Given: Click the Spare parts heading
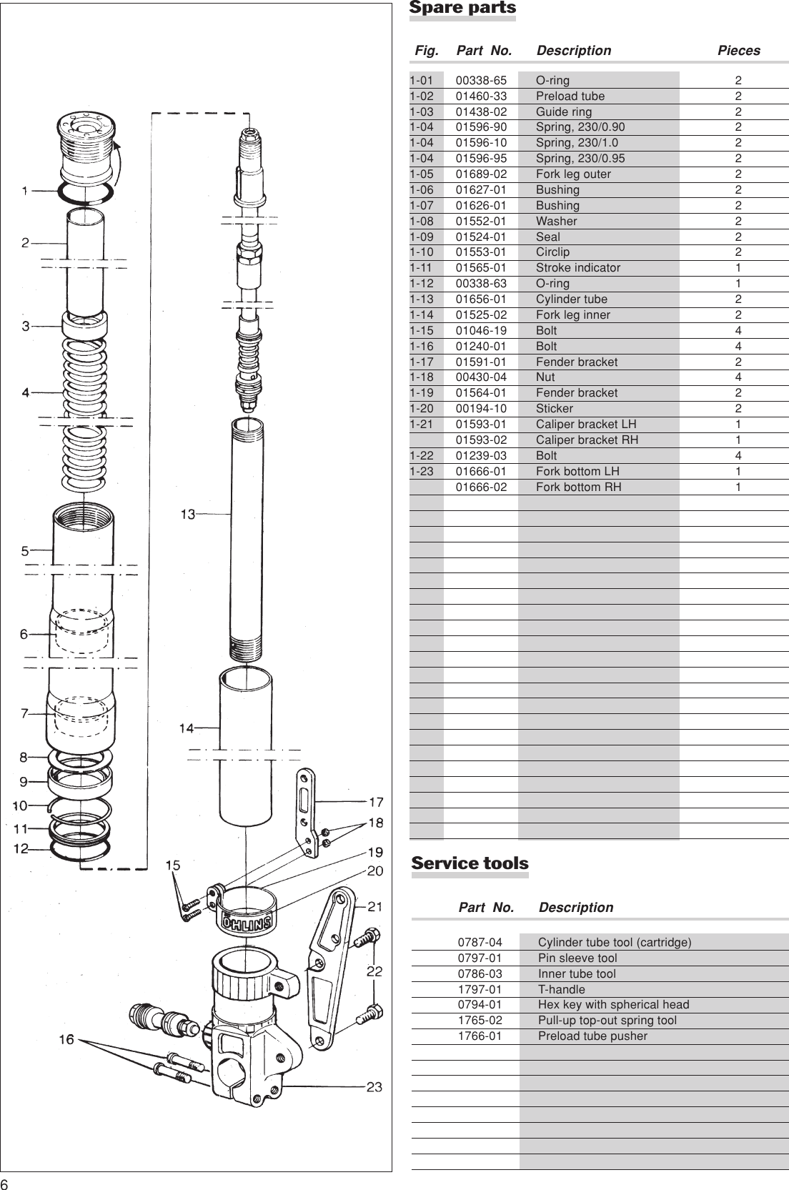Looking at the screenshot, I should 462,9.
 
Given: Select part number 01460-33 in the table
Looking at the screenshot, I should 481,96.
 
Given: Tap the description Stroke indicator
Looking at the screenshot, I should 577,268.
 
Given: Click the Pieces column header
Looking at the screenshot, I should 738,51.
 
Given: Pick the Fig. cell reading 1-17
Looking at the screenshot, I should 422,362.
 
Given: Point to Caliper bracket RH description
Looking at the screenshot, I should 587,440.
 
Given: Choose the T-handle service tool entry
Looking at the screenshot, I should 561,990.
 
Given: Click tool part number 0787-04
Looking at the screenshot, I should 480,943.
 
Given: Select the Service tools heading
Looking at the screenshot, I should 470,863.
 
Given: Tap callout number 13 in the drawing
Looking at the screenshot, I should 187,514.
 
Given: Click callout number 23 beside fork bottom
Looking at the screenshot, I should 374,1087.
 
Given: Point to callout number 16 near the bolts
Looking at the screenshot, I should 66,1039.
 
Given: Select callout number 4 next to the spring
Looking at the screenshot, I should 25,392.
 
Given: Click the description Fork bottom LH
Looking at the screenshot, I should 577,472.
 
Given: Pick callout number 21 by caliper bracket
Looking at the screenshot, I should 374,907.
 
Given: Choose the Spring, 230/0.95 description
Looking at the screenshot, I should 580,159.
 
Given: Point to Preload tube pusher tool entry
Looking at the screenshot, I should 592,1036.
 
